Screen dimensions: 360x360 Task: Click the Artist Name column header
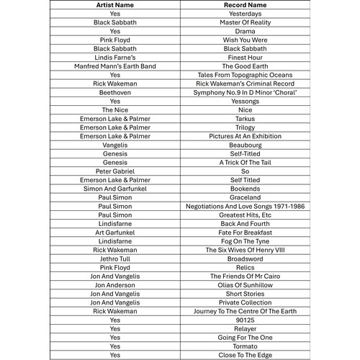click(x=115, y=5)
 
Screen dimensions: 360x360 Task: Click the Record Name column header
click(x=245, y=5)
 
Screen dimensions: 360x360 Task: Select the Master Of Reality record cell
click(x=245, y=22)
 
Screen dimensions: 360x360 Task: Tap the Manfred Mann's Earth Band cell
click(x=115, y=66)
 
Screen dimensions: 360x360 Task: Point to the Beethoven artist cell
click(x=115, y=92)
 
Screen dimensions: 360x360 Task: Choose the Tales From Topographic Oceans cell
click(x=245, y=75)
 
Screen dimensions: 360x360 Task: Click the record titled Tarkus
click(x=245, y=119)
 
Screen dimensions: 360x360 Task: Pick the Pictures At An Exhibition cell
click(x=245, y=136)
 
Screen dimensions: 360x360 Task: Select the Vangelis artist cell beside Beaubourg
click(x=115, y=145)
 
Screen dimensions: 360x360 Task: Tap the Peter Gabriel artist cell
click(x=115, y=171)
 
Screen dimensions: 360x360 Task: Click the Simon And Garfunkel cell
click(x=115, y=189)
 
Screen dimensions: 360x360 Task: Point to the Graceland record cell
click(x=245, y=197)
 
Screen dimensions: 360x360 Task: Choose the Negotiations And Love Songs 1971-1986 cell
click(x=245, y=206)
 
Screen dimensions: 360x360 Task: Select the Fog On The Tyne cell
click(x=245, y=241)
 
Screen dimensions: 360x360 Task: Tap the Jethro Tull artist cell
click(x=115, y=258)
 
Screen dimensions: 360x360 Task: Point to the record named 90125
click(x=245, y=320)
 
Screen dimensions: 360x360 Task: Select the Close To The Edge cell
click(x=245, y=355)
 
